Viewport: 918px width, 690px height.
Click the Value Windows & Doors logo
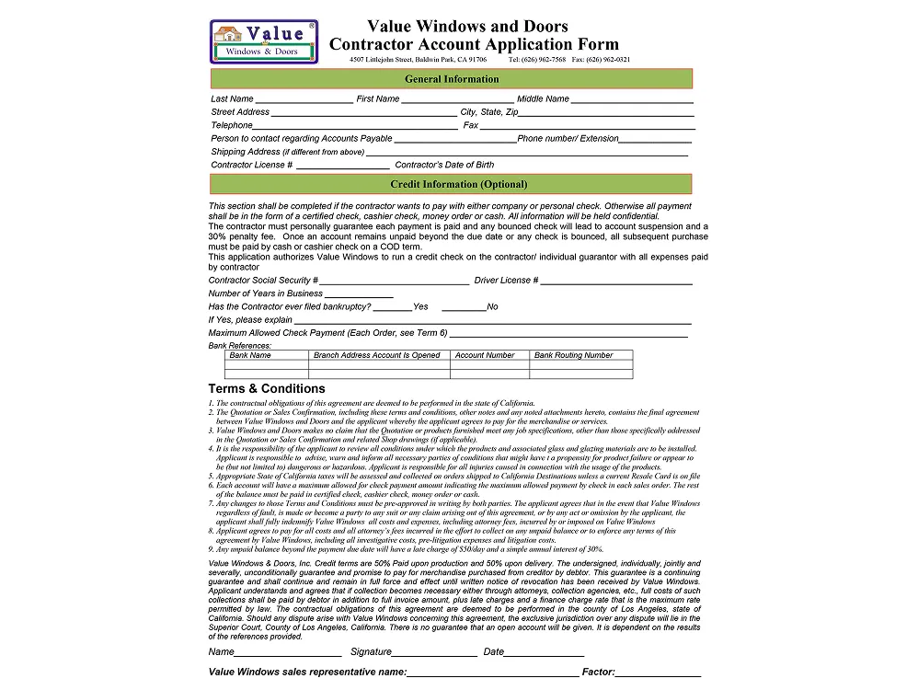point(264,42)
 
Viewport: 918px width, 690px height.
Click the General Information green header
point(451,79)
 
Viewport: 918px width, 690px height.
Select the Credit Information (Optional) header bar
point(451,184)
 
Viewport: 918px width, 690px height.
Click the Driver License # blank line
point(616,282)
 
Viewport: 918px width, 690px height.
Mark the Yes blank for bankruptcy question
point(393,308)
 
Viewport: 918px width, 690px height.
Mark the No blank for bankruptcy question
point(464,308)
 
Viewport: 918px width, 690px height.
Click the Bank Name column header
point(250,355)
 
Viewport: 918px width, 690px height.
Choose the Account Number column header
point(485,355)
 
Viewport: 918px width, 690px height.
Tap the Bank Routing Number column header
point(573,355)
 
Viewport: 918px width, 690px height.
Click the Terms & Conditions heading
point(267,388)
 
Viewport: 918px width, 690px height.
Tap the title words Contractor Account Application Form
point(474,44)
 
